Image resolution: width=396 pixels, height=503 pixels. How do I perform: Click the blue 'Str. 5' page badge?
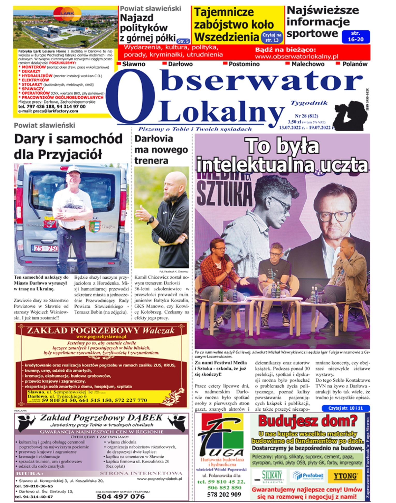[x=183, y=41]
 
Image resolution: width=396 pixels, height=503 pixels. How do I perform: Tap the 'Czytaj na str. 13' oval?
[x=272, y=37]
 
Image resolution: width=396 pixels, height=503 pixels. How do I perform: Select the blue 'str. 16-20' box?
[x=356, y=36]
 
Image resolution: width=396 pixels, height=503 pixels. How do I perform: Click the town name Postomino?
[x=244, y=64]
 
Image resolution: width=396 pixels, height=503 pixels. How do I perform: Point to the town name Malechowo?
[x=308, y=64]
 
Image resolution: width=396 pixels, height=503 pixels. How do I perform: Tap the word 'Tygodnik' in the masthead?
[x=309, y=103]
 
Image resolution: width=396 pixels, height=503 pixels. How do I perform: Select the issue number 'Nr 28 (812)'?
[x=306, y=116]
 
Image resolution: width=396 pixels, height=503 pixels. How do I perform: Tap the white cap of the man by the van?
[x=73, y=170]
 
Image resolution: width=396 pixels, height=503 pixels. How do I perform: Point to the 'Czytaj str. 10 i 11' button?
[x=346, y=408]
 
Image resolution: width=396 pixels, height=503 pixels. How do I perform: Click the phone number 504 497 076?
[x=121, y=496]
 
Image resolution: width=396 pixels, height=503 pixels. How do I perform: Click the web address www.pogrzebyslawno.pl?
[x=101, y=337]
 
